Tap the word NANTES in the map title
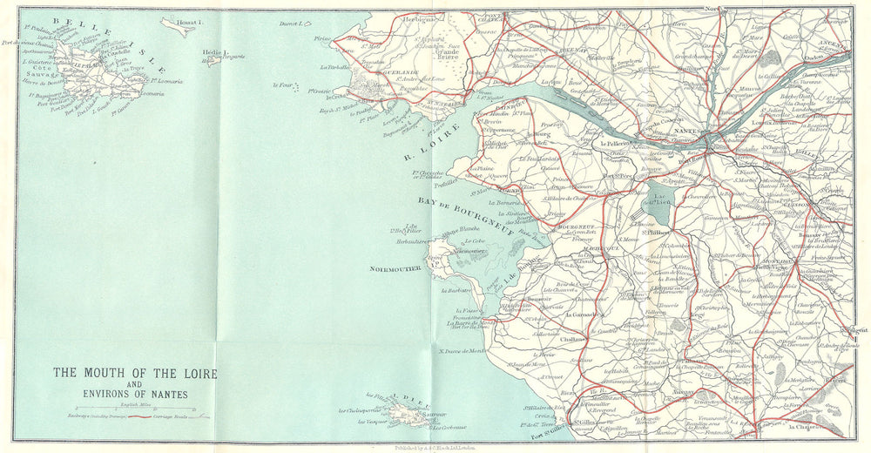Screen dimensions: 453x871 pos(165,393)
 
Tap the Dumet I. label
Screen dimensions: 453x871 pos(289,24)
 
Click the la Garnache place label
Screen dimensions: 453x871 pos(592,314)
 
